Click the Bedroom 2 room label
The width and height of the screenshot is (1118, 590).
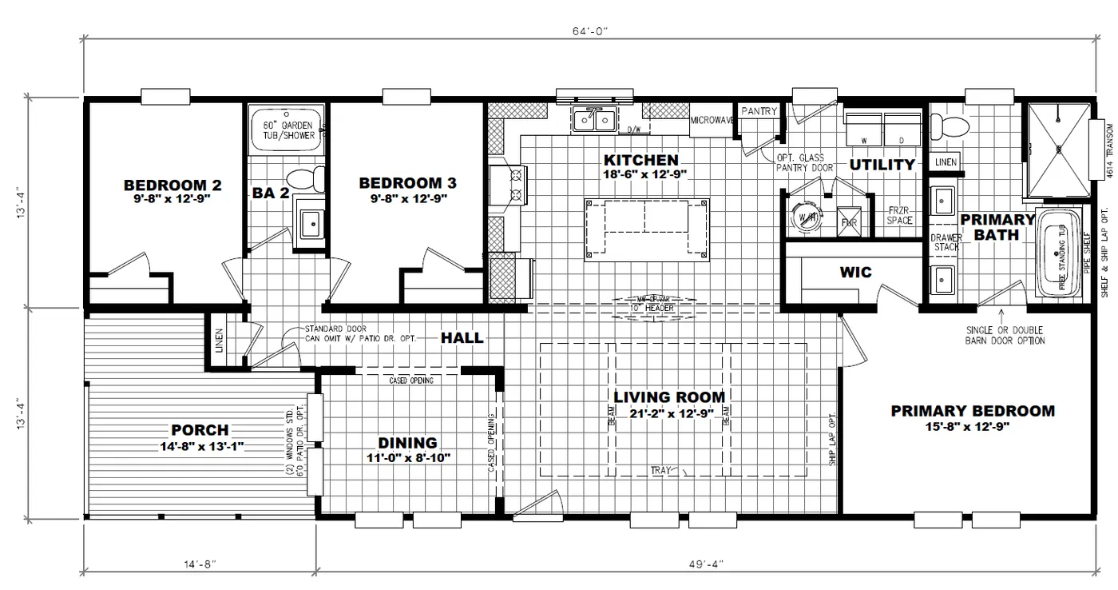coord(172,185)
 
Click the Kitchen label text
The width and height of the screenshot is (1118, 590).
coord(640,161)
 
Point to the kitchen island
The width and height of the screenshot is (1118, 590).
coord(647,229)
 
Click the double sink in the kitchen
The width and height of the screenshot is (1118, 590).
coord(593,120)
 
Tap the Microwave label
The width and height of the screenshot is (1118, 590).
coord(712,121)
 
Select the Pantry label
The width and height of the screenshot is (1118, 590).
coord(759,111)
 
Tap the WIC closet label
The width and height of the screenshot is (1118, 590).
coord(854,273)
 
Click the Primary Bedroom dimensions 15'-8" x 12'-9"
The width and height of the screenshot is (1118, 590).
coord(972,427)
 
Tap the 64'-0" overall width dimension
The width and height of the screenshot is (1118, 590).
coord(591,30)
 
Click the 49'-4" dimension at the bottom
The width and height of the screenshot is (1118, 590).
coord(704,564)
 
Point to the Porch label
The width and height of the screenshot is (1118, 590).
coord(200,430)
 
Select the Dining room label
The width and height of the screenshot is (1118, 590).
coord(407,443)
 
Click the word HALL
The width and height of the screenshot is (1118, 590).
coord(462,338)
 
